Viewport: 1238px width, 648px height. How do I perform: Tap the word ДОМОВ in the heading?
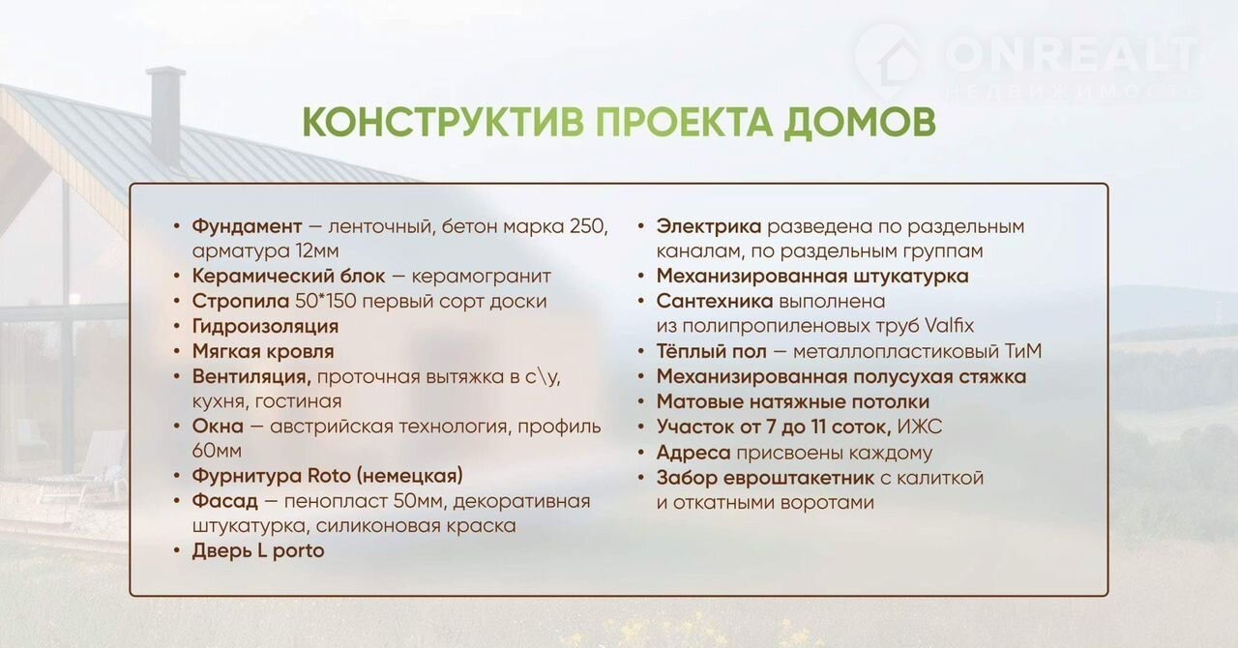tap(860, 122)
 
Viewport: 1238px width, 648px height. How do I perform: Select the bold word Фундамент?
tap(247, 226)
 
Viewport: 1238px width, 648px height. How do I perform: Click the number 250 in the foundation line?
tap(589, 226)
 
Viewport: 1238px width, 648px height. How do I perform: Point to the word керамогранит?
tap(482, 276)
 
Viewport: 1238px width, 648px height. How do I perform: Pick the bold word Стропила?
tap(241, 302)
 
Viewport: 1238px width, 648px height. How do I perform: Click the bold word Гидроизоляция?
tap(265, 326)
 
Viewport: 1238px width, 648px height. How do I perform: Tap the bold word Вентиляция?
tap(251, 376)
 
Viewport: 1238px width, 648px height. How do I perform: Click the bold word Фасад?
tap(225, 502)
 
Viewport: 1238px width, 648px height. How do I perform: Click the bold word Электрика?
tap(709, 226)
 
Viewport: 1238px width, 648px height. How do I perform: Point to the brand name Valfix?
tap(949, 326)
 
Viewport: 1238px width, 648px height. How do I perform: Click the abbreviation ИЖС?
tap(920, 427)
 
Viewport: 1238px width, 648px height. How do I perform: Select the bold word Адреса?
tap(693, 453)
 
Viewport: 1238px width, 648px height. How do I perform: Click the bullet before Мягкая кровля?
tap(177, 352)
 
